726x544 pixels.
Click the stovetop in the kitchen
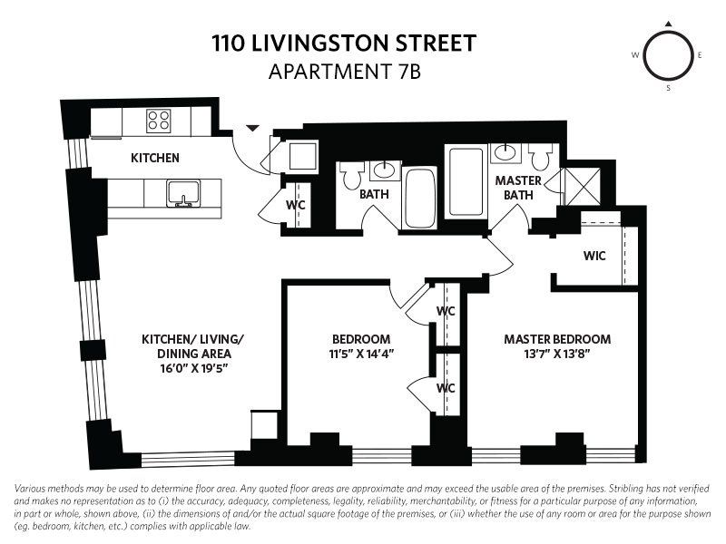[x=158, y=121]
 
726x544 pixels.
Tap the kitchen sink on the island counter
[x=184, y=193]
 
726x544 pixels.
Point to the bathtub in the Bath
[x=419, y=198]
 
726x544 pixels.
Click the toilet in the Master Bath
[x=540, y=156]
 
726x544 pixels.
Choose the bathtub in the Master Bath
[x=466, y=181]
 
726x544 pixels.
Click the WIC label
[x=594, y=256]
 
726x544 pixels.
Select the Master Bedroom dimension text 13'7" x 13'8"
[x=557, y=354]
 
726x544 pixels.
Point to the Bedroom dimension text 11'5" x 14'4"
[x=361, y=354]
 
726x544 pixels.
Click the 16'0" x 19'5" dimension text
[x=194, y=369]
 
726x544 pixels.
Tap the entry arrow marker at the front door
[x=252, y=128]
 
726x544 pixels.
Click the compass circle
[x=668, y=55]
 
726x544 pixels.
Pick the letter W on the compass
[x=635, y=55]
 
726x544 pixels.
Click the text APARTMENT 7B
[x=345, y=72]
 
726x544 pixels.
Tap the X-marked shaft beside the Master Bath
[x=583, y=187]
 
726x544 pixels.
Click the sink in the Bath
[x=385, y=170]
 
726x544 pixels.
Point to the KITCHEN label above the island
[x=154, y=158]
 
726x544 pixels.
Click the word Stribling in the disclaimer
[x=625, y=489]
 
